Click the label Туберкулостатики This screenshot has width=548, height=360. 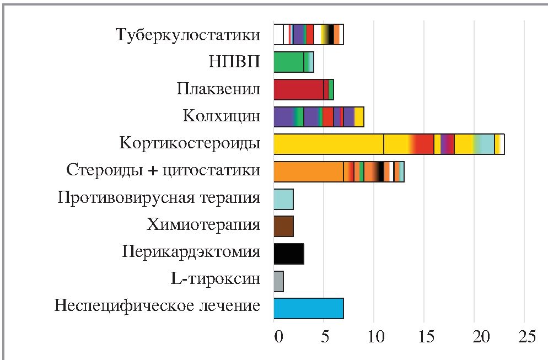click(x=187, y=35)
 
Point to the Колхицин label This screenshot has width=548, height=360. click(x=221, y=116)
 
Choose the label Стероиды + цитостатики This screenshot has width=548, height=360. click(x=163, y=171)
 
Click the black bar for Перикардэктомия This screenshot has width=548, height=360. click(x=288, y=253)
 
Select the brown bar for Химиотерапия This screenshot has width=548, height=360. click(x=283, y=225)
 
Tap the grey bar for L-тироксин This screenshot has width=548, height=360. click(x=278, y=280)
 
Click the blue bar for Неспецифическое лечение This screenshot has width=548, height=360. click(x=308, y=308)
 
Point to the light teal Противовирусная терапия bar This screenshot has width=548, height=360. click(x=283, y=198)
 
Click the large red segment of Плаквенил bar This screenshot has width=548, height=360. click(x=298, y=89)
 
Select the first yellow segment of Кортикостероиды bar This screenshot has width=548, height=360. click(x=328, y=144)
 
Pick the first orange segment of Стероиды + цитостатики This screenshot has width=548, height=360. click(x=308, y=171)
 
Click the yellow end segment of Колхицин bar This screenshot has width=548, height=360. click(x=359, y=116)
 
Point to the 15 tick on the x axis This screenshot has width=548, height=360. click(x=423, y=336)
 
